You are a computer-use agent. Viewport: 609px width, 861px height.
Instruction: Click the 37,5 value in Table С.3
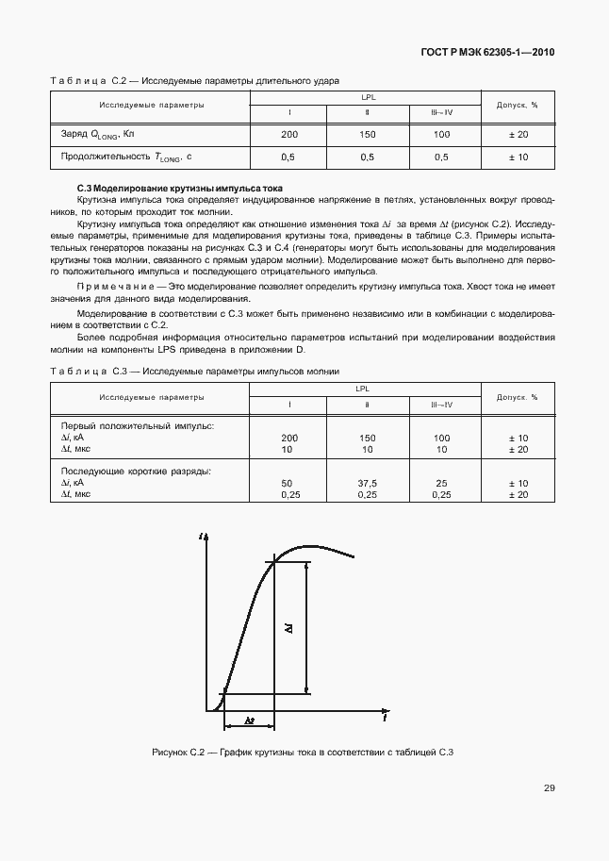(x=367, y=483)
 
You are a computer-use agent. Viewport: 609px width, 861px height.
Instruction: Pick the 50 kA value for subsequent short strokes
(x=287, y=483)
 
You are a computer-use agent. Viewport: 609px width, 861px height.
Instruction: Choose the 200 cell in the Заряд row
(x=289, y=135)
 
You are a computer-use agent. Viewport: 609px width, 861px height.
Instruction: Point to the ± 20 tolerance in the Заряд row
(x=518, y=135)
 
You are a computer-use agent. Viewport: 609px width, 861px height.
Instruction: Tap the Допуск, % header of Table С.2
(x=517, y=105)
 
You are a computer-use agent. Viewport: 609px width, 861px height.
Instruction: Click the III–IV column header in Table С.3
(x=441, y=405)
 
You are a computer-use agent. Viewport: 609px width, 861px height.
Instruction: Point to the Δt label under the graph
(x=248, y=720)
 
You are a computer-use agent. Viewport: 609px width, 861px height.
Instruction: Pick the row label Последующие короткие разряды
(x=136, y=471)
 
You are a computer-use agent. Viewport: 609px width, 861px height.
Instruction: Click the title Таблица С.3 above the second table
(x=88, y=372)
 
